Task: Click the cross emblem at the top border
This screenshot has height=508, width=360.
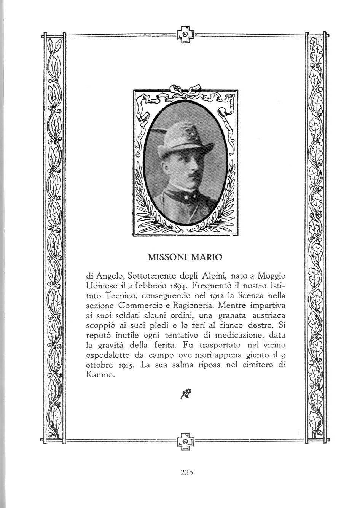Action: (x=185, y=35)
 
